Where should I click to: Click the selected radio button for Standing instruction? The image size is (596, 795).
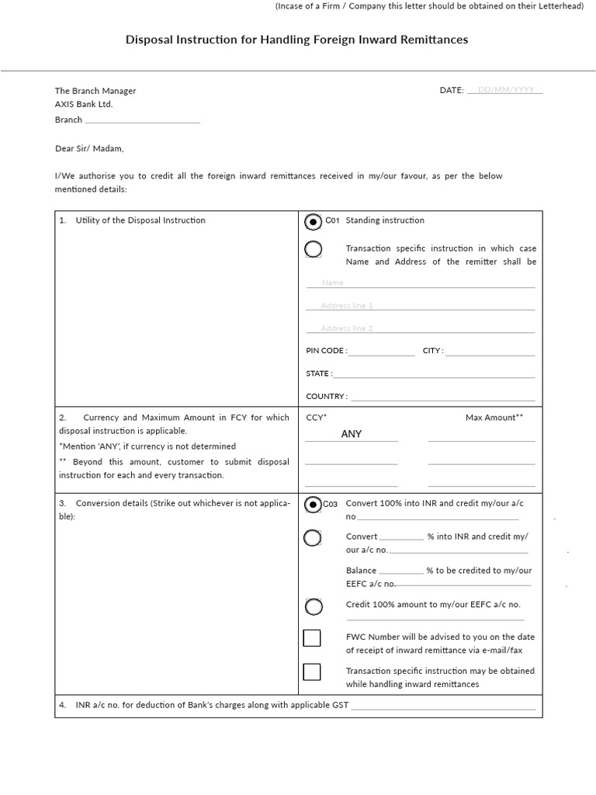313,222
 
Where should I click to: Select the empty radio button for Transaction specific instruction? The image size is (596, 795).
313,249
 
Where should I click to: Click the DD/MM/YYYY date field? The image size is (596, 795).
505,90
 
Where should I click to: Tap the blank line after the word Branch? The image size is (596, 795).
142,120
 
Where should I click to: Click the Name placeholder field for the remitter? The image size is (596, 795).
420,283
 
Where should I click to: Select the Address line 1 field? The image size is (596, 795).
420,306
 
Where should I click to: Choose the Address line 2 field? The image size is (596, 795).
420,328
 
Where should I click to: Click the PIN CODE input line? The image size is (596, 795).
381,352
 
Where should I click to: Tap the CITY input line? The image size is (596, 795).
490,352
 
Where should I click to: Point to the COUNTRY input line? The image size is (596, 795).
442,397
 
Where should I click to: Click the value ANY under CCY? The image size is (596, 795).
352,434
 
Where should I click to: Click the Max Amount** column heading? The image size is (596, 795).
494,418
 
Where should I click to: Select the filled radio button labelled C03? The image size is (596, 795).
313,505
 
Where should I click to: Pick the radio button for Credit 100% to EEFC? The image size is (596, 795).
313,606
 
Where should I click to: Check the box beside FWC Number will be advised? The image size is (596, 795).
312,638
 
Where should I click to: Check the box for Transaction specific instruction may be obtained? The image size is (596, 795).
312,672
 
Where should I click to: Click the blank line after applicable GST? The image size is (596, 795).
443,706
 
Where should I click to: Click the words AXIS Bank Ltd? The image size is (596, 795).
84,105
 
